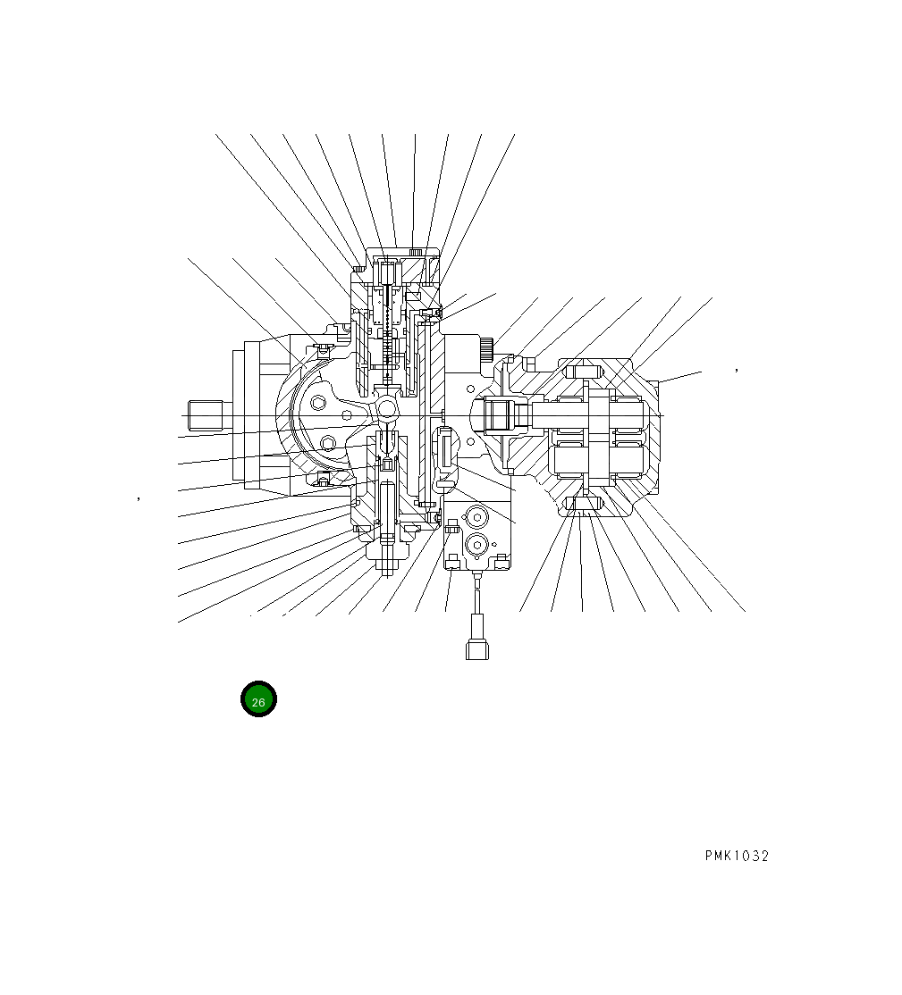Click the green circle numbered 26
pos(258,699)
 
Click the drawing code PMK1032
pos(736,856)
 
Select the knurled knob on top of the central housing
pos(415,251)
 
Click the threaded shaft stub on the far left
pos(206,415)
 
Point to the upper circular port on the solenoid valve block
pos(476,518)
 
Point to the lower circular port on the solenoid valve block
pos(476,544)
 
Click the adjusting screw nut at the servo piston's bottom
pos(386,564)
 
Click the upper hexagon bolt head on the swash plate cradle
pos(320,404)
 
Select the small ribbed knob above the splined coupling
pos(486,349)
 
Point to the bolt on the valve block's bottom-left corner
pos(453,561)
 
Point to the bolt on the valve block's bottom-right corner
pos(502,561)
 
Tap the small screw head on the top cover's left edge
pos(358,267)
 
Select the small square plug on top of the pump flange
pos(527,364)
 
